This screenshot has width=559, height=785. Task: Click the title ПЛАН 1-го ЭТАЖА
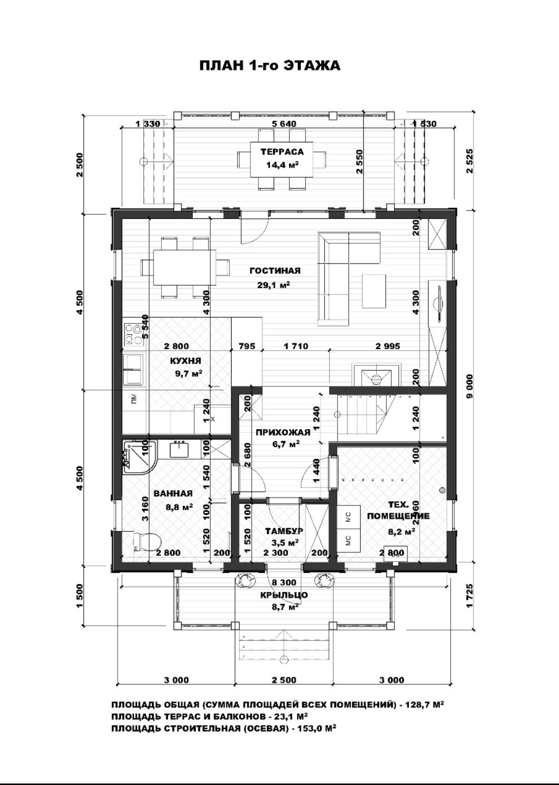coord(270,65)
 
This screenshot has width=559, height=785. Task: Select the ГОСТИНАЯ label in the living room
coord(275,270)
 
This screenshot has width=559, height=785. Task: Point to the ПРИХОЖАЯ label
coord(283,432)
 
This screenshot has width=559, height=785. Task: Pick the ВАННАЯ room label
coord(173,493)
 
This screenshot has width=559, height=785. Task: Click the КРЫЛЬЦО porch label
coord(284,595)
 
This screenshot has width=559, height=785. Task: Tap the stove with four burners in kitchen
coord(133,334)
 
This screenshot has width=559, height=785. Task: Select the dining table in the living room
coord(184,267)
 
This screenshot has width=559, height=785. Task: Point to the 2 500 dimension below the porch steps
coord(284,680)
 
